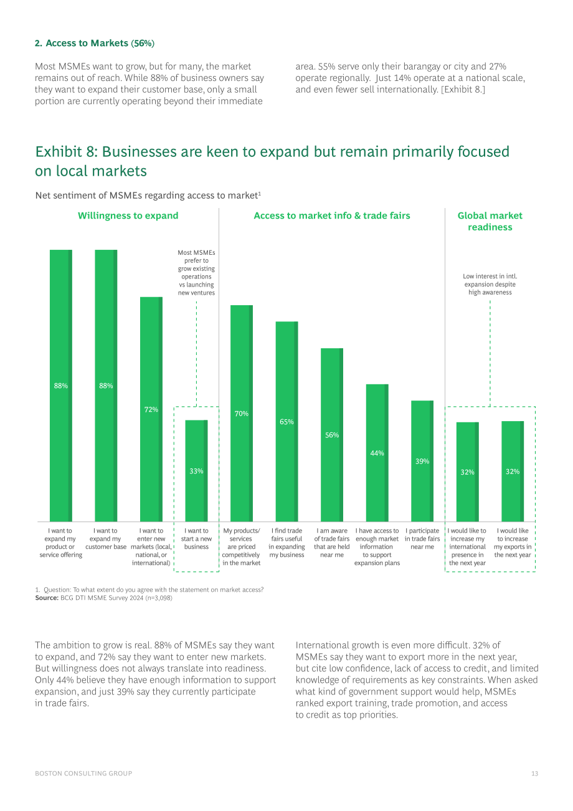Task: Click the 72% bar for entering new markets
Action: pos(151,409)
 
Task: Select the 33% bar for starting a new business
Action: pos(196,471)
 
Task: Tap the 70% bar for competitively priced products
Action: pos(242,413)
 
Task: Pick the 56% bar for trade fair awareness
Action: pos(332,435)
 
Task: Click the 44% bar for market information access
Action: pos(377,453)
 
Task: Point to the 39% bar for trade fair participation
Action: pos(422,461)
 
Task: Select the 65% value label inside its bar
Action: pos(286,422)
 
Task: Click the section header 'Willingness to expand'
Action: pos(128,216)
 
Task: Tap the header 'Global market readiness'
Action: pos(490,221)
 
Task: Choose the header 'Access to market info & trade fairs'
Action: pos(332,216)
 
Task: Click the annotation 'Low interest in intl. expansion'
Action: pos(490,284)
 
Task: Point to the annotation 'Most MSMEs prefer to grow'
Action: pos(196,273)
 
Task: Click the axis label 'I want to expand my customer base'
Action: pos(106,539)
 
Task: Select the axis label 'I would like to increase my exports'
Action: pos(513,543)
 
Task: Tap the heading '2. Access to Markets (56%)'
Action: pos(95,43)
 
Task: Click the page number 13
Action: pos(534,774)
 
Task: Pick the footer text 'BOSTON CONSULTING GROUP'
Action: pos(83,774)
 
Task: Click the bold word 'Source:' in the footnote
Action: pos(47,598)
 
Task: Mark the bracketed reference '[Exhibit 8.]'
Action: pos(463,90)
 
